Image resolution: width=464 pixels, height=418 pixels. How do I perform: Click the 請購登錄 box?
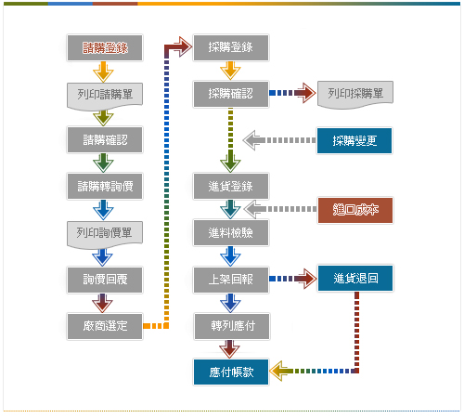click(105, 47)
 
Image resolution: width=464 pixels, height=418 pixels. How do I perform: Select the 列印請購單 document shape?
click(105, 96)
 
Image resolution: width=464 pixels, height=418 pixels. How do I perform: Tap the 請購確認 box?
click(105, 139)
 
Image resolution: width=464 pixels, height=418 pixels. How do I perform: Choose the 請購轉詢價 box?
click(105, 186)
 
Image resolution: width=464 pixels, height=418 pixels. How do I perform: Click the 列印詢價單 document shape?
click(105, 234)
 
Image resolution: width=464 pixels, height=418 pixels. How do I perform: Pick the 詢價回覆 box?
click(105, 280)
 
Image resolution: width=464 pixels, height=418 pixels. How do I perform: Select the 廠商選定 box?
click(105, 326)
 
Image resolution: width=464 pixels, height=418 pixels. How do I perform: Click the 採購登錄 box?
click(231, 47)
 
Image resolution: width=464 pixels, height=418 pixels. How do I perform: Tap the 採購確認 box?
click(231, 94)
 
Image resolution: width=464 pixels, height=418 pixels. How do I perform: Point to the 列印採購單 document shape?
click(355, 95)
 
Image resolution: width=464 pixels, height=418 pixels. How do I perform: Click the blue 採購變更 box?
click(354, 140)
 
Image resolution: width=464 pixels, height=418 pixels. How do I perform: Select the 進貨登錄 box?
click(231, 186)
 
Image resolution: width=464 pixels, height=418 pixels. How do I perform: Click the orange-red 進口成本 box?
click(355, 210)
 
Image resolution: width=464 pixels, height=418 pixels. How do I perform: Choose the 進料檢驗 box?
click(231, 232)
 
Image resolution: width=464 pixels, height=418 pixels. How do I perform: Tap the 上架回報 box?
click(231, 280)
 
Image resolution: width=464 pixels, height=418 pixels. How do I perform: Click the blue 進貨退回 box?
click(355, 278)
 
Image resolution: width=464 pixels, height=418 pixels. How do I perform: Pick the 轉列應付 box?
click(232, 326)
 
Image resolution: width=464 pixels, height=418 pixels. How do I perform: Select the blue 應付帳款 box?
click(231, 372)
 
